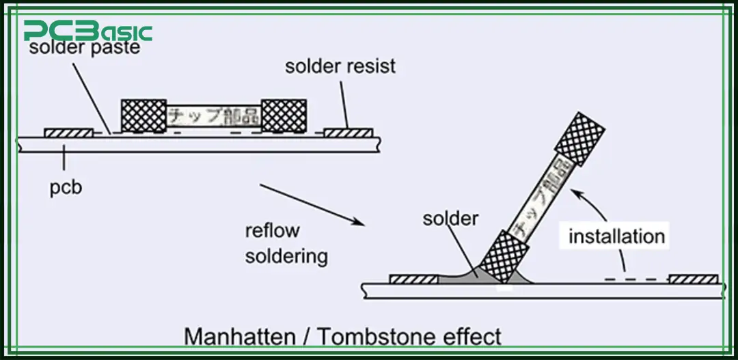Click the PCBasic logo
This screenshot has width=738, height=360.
point(87,31)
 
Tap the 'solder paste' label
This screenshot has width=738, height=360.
point(85,49)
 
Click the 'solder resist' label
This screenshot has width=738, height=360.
point(340,67)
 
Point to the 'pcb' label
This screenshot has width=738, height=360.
point(65,186)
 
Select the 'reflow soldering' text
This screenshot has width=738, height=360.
point(286,243)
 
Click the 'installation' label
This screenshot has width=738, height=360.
point(616,236)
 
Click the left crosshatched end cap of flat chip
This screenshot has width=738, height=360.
point(143,115)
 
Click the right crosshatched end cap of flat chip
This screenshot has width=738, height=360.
point(284,115)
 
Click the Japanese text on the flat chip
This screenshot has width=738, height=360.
point(214,116)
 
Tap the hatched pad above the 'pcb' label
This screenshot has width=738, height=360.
point(68,133)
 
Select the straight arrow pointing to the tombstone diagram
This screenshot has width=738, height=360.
point(311,204)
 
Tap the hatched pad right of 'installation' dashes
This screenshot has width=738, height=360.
point(693,279)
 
